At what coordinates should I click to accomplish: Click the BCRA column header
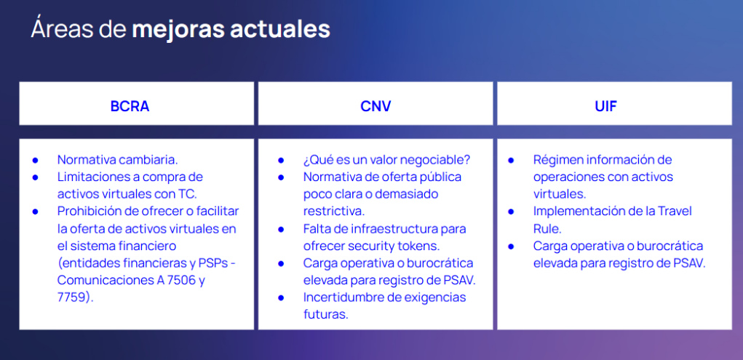click(x=130, y=106)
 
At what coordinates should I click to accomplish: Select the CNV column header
click(x=376, y=106)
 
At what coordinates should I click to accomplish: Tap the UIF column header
click(x=606, y=106)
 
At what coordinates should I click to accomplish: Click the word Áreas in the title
click(x=62, y=28)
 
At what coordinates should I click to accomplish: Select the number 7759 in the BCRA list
click(x=73, y=297)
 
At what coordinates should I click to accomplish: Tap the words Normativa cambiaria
click(x=117, y=159)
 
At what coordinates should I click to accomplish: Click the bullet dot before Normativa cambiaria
click(x=35, y=160)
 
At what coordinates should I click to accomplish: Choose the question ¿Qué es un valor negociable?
click(x=386, y=159)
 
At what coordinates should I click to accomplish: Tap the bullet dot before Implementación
click(x=511, y=211)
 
